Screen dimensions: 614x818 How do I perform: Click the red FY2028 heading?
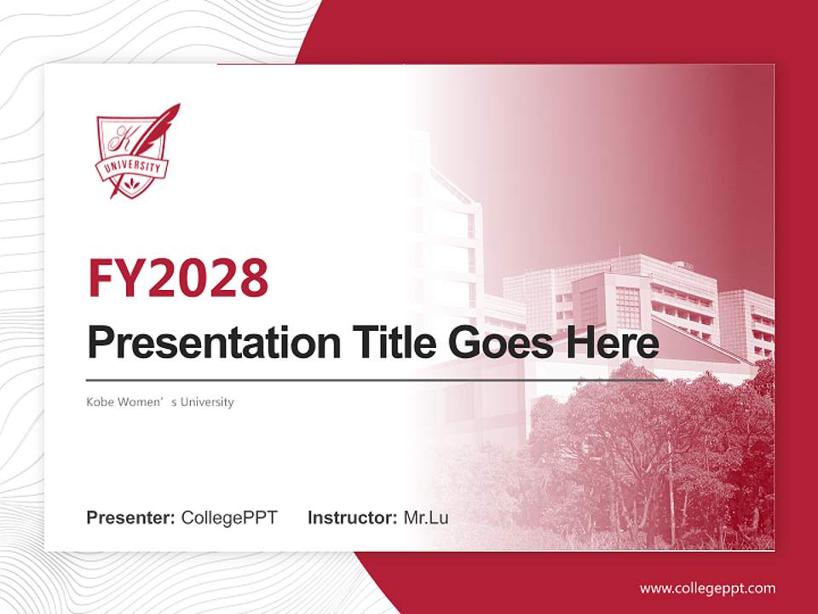(178, 278)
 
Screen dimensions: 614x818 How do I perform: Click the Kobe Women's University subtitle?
(159, 402)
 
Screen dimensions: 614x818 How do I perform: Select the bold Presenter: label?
(131, 518)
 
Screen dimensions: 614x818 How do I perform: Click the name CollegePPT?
(229, 518)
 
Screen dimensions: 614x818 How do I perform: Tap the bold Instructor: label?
(352, 518)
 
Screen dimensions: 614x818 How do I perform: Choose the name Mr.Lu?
(425, 518)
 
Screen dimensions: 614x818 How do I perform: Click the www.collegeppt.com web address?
(707, 588)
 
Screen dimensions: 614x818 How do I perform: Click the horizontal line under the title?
(375, 380)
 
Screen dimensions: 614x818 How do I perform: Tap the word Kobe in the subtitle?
(100, 402)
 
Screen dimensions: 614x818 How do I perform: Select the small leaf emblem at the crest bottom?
(131, 183)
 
